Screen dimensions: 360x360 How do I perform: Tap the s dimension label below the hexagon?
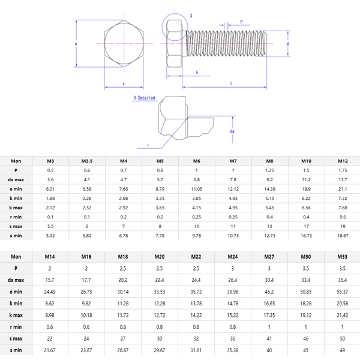[123, 83]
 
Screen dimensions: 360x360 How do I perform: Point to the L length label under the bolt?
[232, 83]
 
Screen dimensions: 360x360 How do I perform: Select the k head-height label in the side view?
[197, 72]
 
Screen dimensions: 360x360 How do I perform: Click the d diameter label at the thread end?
[288, 44]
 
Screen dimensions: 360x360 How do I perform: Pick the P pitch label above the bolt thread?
[241, 22]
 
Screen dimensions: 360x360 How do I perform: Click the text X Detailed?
[144, 98]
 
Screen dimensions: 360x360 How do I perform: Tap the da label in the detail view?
[232, 131]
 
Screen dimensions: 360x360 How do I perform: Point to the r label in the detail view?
[148, 145]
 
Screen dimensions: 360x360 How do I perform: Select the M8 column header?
[269, 161]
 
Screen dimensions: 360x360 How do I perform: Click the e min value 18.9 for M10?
[306, 188]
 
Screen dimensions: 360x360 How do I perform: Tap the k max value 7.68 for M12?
[343, 207]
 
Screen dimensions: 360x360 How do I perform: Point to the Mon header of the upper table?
[16, 161]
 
